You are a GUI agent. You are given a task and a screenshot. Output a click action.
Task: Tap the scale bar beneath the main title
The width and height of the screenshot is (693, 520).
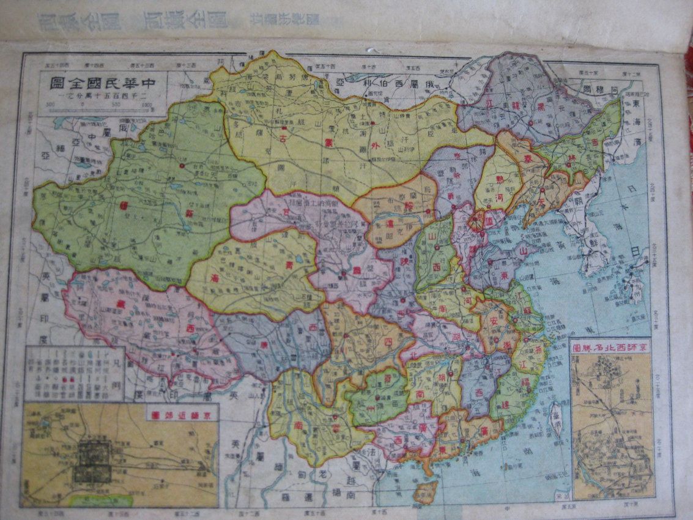point(98,108)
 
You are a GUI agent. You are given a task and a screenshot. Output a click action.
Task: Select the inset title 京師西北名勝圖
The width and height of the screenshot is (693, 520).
point(612,347)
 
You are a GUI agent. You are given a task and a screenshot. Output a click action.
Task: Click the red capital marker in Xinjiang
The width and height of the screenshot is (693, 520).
point(182,165)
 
